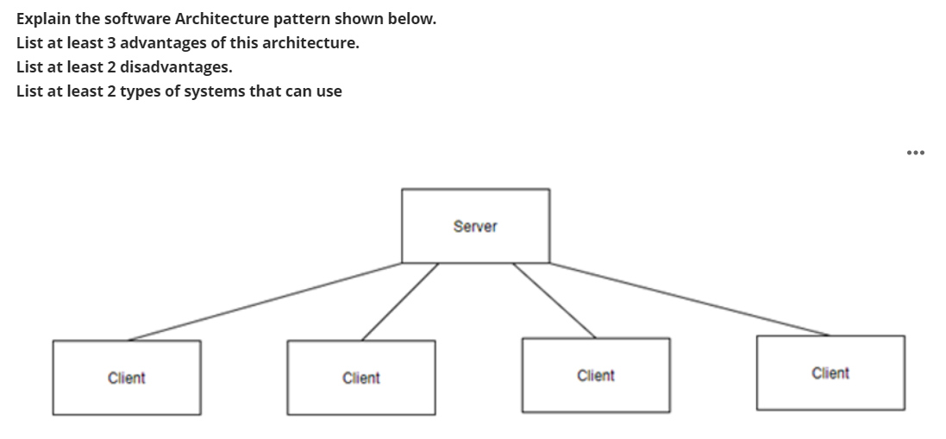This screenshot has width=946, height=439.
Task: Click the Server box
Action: tap(475, 226)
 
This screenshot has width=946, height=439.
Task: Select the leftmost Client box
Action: tap(127, 378)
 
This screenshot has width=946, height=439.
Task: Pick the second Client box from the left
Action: tap(360, 378)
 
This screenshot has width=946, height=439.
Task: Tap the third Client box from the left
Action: tap(595, 375)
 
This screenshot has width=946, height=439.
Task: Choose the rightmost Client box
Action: tap(830, 373)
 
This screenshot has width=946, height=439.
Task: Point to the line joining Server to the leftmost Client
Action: tap(266, 301)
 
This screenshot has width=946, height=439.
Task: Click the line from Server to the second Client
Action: tap(399, 301)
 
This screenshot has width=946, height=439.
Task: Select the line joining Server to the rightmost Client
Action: tap(690, 298)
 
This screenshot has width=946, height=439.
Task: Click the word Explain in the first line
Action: tap(42, 18)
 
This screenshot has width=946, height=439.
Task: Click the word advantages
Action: tap(164, 42)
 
